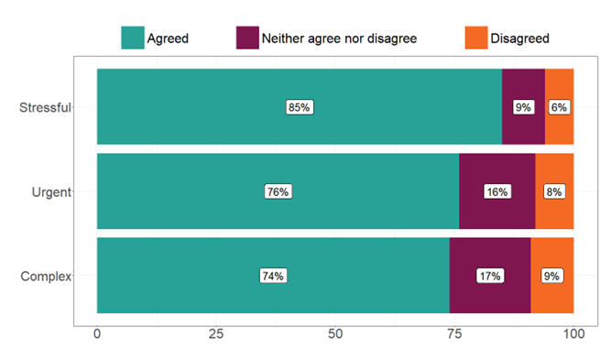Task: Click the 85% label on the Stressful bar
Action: pyautogui.click(x=300, y=107)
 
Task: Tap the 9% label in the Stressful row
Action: pyautogui.click(x=523, y=107)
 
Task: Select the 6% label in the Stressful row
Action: pyautogui.click(x=559, y=107)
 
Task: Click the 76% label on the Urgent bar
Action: pyautogui.click(x=278, y=191)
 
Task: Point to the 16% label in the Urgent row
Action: pyautogui.click(x=496, y=191)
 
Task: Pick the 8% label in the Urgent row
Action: pyautogui.click(x=554, y=191)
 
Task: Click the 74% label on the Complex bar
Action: pyautogui.click(x=273, y=276)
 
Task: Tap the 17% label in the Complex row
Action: pyautogui.click(x=489, y=276)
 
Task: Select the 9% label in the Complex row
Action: pyautogui.click(x=551, y=276)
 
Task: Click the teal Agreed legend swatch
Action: pyautogui.click(x=133, y=38)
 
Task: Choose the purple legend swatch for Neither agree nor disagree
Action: pyautogui.click(x=247, y=38)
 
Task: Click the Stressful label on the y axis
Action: pyautogui.click(x=45, y=107)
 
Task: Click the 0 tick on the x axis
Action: pyautogui.click(x=97, y=334)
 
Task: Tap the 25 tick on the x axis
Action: pyautogui.click(x=216, y=334)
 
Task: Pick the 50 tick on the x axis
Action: pyautogui.click(x=335, y=334)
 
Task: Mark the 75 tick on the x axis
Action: pyautogui.click(x=454, y=334)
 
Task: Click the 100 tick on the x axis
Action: pyautogui.click(x=573, y=334)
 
